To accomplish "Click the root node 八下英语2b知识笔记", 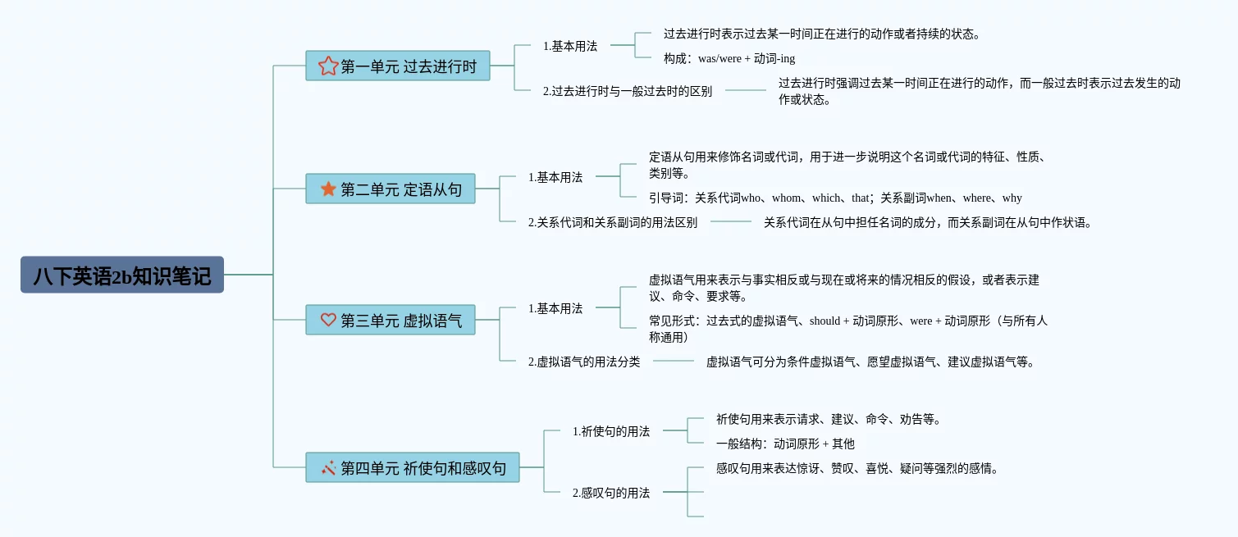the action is coord(122,275).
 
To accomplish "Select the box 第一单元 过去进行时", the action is coord(398,66).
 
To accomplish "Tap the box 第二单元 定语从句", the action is coord(391,189).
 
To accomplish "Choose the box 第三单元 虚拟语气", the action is coord(391,320).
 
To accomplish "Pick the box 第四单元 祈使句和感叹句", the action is coord(413,467).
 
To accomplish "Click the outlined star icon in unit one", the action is coord(328,66).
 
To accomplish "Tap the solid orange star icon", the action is coord(328,189).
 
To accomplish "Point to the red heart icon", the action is coord(328,320).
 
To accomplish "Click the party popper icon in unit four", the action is coord(328,468).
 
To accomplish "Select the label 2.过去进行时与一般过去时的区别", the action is coord(628,91).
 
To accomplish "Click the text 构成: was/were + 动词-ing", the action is coord(729,58).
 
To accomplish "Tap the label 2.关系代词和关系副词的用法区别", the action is coord(612,223).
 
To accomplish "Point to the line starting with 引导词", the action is coord(835,198).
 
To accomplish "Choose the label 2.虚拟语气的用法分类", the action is coord(583,362).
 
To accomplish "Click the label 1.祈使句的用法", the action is coord(610,431).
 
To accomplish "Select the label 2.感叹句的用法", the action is coord(610,493).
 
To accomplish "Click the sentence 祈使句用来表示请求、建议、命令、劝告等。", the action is coord(829,419).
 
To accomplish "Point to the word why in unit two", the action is coord(1012,198).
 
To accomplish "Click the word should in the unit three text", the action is coord(825,321).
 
